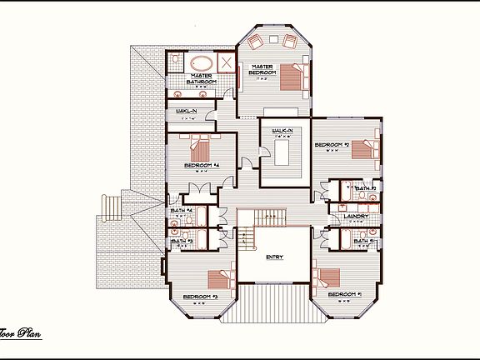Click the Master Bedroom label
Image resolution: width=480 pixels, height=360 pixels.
[262, 69]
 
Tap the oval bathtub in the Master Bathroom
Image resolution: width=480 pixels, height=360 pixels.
[202, 63]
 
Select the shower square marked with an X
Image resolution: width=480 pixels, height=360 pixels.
[226, 63]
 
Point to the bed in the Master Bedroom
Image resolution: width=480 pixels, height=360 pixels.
[291, 76]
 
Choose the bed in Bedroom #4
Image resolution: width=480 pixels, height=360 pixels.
[201, 149]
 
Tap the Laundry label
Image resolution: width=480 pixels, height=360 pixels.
[344, 217]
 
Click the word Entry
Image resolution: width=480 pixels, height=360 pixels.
[274, 257]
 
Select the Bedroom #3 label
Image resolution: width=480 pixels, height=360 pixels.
[200, 296]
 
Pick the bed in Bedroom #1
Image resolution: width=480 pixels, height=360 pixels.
[328, 275]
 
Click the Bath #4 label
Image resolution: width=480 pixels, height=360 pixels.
[182, 210]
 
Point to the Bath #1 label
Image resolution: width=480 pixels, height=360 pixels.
[364, 241]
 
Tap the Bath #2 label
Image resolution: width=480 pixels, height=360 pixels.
[365, 189]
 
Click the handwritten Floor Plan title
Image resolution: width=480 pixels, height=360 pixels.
[20, 335]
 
